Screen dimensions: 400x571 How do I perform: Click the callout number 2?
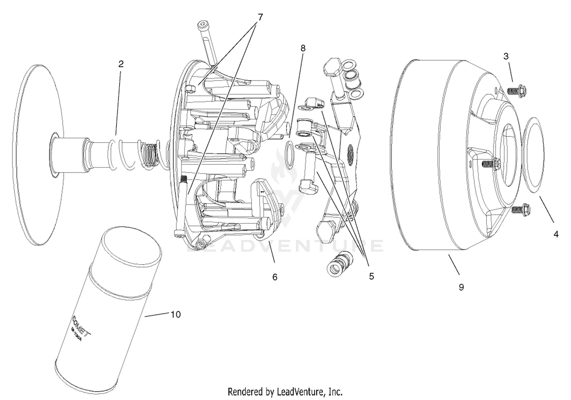coord(121,64)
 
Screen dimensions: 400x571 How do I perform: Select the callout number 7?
coord(260,18)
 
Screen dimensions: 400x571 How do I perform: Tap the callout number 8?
coord(303,48)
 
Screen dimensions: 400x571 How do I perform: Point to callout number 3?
coord(506,56)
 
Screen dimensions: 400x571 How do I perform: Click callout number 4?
coord(556,235)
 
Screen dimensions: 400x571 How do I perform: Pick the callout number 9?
coord(461,287)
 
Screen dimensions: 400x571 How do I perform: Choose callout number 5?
coord(371,276)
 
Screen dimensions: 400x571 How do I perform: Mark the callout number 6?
coord(275,277)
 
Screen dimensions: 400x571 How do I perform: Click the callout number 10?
coord(175,315)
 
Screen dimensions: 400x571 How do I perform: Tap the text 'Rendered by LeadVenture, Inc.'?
coord(285,392)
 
